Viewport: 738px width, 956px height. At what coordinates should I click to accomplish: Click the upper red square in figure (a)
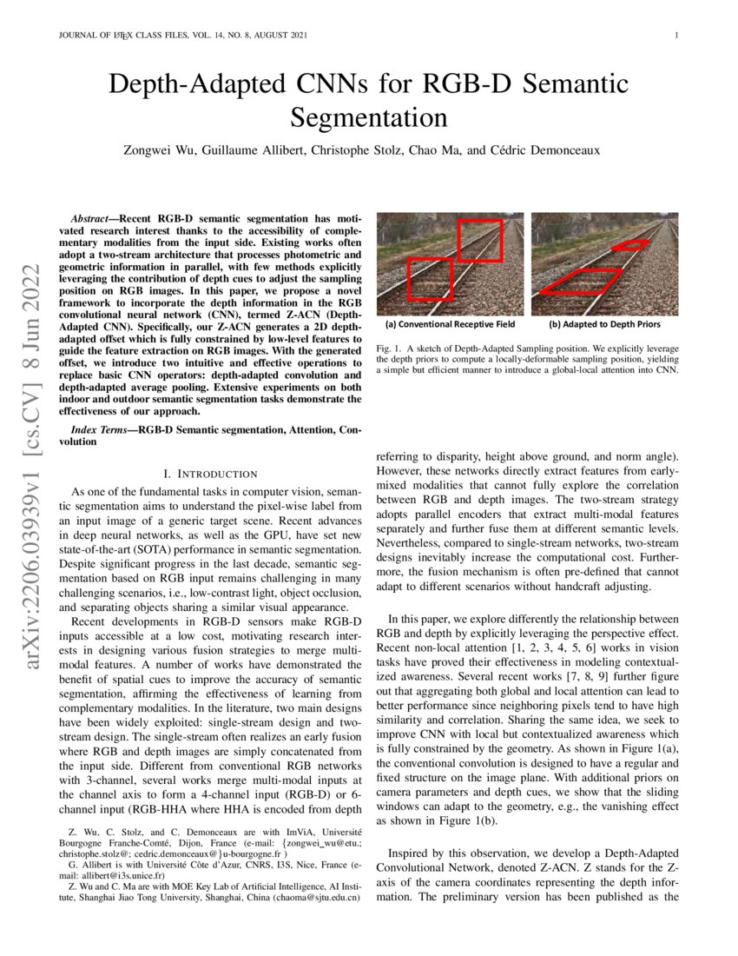[x=480, y=240]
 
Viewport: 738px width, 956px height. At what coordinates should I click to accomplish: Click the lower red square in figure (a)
[x=429, y=279]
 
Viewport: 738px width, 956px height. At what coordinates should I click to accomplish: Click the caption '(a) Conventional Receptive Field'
[x=450, y=324]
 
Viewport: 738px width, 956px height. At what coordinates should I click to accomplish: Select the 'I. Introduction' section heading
[x=211, y=474]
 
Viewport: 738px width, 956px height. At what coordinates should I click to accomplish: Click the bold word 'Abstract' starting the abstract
[x=93, y=214]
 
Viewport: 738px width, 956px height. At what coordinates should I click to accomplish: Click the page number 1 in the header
[x=675, y=36]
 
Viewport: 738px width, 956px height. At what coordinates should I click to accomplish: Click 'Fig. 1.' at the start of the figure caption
[x=389, y=346]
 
